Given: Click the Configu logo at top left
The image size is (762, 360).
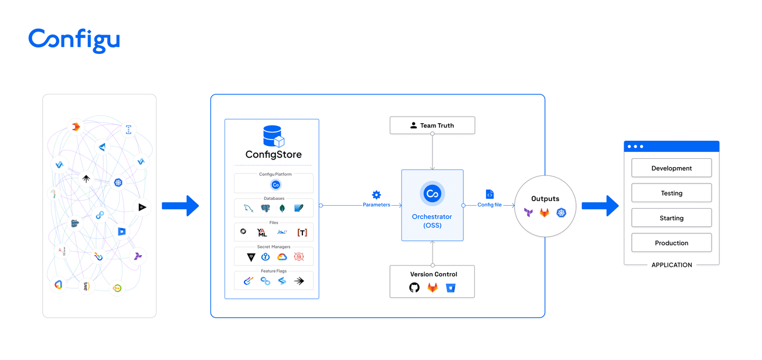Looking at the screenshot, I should click(x=74, y=40).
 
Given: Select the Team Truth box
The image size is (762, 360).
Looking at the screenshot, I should click(x=432, y=125).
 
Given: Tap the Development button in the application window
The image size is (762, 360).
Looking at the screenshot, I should click(x=671, y=168).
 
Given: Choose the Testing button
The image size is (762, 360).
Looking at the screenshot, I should click(x=671, y=193).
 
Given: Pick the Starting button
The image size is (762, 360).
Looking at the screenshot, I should click(x=671, y=218).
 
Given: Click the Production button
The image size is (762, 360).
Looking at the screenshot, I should click(x=671, y=243).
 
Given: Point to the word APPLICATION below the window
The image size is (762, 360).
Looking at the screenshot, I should click(x=672, y=265).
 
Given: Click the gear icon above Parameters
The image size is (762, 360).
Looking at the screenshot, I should click(x=376, y=195).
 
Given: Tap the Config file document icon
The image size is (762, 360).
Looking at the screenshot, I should click(x=489, y=194).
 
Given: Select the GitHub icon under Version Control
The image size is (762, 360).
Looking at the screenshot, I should click(x=414, y=287).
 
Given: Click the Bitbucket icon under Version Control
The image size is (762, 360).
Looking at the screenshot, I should click(x=450, y=287).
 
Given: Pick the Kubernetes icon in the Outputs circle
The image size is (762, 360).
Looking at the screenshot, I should click(x=562, y=213).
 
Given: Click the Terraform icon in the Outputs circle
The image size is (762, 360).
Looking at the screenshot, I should click(x=528, y=213).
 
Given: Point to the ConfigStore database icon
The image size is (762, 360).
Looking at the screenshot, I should click(x=273, y=136).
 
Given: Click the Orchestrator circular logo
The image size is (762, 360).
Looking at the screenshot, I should click(x=433, y=194).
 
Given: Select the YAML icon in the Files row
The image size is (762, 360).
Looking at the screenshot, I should click(x=262, y=232).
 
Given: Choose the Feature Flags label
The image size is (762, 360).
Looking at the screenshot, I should click(x=273, y=271).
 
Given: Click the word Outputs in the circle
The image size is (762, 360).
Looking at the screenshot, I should click(x=545, y=199).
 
